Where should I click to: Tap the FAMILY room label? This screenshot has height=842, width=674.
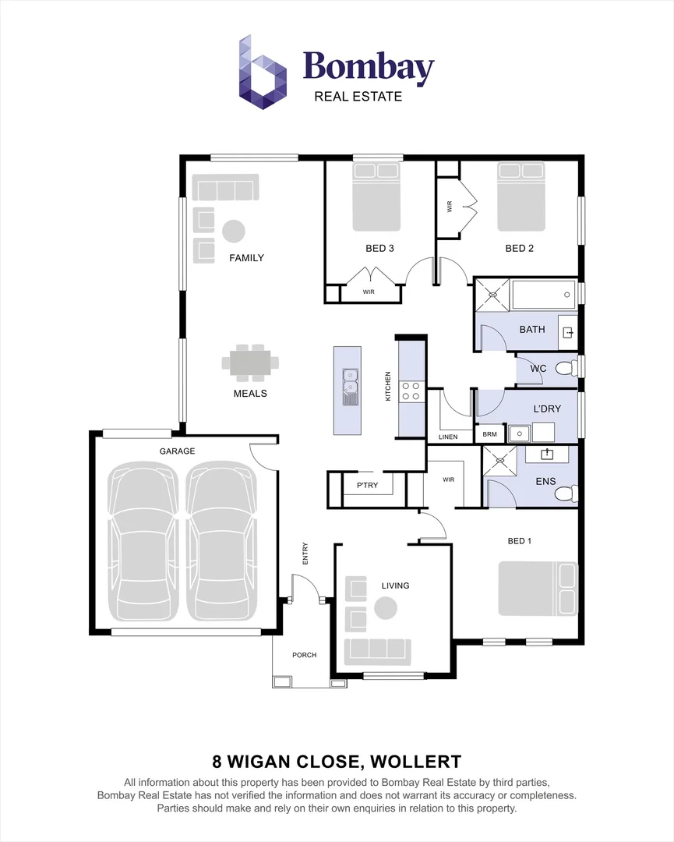246,258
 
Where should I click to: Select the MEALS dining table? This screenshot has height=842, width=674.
250,362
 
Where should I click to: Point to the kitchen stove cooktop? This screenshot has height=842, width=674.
411,391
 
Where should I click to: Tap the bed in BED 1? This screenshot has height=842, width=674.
538,589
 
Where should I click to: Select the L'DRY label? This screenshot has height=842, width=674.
546,409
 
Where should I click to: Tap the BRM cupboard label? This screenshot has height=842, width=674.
489,434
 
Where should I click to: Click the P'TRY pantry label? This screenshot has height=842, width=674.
367,485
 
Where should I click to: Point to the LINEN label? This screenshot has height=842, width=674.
448,437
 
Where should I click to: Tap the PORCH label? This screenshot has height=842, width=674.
304,655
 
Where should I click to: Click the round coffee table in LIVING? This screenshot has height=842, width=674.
386,607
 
